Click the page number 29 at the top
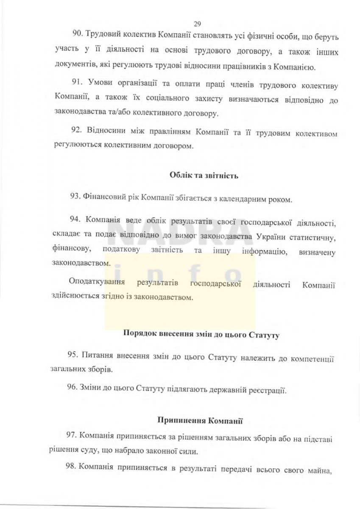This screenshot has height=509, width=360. coord(197,24)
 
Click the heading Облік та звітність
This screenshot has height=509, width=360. coord(204,175)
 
